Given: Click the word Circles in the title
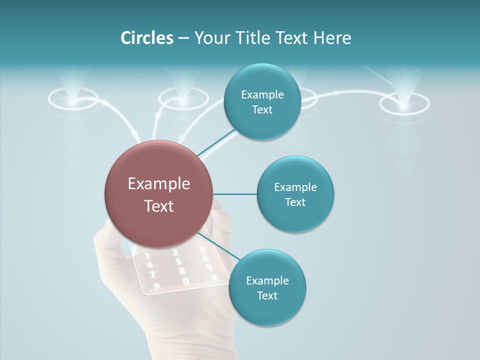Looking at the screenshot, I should tap(146, 38).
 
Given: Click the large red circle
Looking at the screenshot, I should tap(158, 194).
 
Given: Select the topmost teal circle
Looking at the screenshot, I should tap(262, 102).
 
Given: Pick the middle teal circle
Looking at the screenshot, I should tap(295, 194).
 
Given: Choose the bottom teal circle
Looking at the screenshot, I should tap(267, 287).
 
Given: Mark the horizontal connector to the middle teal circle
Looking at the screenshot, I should tap(235, 194).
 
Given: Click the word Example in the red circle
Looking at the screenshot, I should tap(158, 184).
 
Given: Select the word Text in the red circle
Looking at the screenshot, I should tap(158, 206).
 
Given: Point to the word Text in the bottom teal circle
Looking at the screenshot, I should tap(267, 295).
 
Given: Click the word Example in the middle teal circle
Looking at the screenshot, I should tap(295, 187).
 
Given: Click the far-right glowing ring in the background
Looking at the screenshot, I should tap(404, 103).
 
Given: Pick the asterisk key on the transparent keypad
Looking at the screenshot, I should tap(156, 286).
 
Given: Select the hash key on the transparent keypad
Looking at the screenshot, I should tap(214, 277).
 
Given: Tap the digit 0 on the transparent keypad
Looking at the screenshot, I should tap(185, 281).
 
